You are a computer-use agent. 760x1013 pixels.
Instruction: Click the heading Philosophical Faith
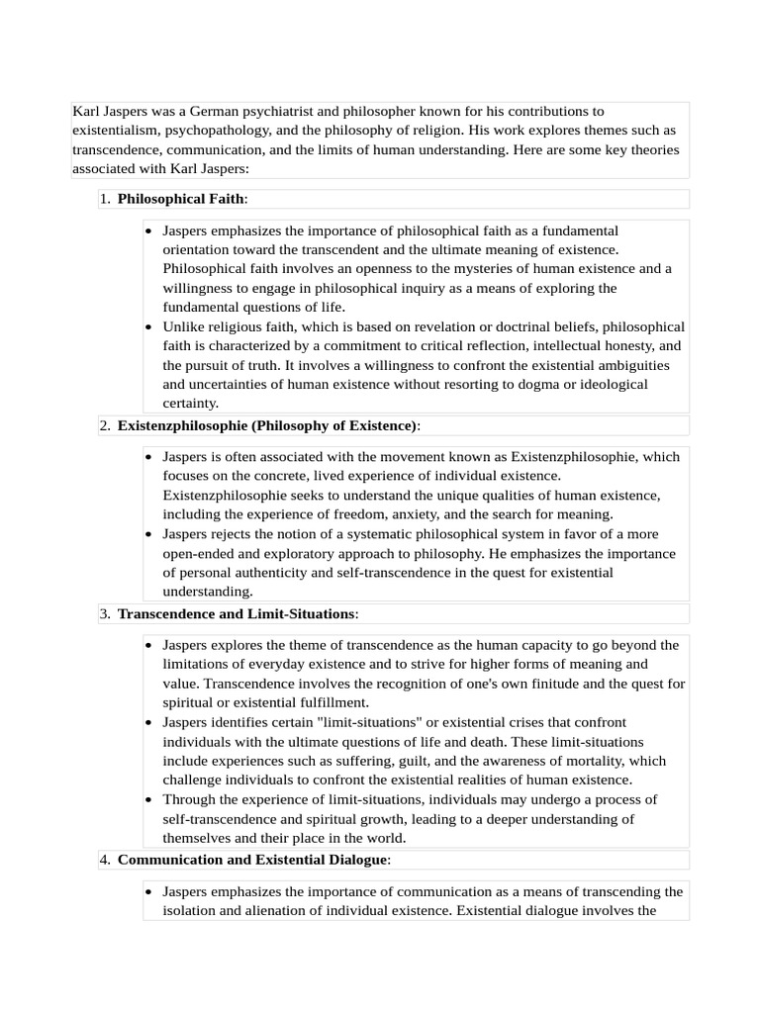pyautogui.click(x=181, y=199)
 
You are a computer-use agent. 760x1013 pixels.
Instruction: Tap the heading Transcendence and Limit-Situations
pyautogui.click(x=236, y=613)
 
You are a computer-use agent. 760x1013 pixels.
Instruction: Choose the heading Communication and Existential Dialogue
pyautogui.click(x=252, y=860)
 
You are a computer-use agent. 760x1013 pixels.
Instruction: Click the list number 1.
pyautogui.click(x=104, y=199)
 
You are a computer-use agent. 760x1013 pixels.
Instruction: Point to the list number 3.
pyautogui.click(x=104, y=613)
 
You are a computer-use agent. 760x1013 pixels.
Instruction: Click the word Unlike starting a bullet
pyautogui.click(x=184, y=326)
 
